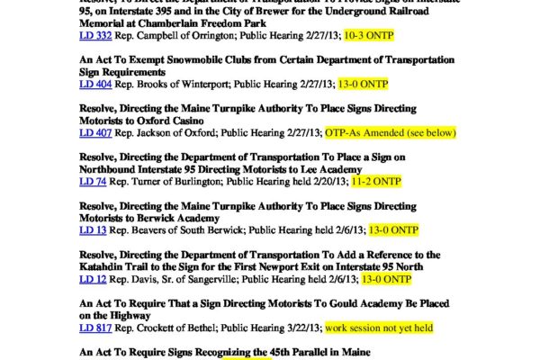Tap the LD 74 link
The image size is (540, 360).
tap(89, 183)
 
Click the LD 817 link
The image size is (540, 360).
tap(92, 329)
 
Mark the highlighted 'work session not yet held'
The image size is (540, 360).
tap(379, 329)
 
